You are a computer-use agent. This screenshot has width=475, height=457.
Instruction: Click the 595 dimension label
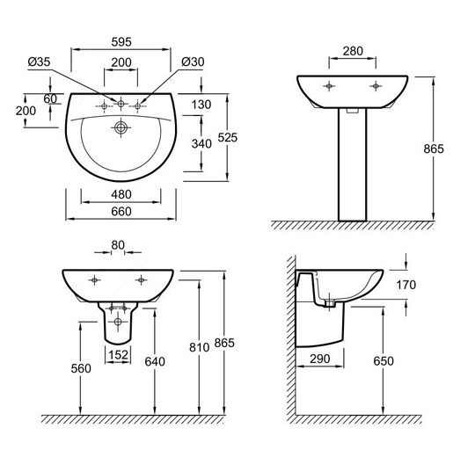pos(121,42)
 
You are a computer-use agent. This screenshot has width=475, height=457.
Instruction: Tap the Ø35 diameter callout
pos(39,62)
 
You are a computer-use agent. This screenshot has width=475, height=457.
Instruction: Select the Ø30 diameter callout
pos(193,62)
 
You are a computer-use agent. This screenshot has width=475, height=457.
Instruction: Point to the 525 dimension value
pos(228,137)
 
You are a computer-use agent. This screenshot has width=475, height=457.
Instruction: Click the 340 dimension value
pos(201,143)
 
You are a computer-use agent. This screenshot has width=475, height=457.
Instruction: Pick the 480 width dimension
pos(121,194)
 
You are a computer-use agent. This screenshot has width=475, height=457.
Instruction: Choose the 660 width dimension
pos(121,211)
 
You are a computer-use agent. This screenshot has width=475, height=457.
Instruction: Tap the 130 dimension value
pos(201,105)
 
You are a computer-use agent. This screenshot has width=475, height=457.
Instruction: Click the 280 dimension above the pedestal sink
pos(353,51)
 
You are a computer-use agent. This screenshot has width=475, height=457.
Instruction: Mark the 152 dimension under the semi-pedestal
pos(118,354)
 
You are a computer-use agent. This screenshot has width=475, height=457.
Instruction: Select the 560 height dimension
pos(81,368)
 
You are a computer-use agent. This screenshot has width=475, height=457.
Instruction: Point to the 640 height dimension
pos(155,361)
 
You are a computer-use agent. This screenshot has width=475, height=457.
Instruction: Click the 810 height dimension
pos(200,347)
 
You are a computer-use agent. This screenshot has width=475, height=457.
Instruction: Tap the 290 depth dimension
pos(320,359)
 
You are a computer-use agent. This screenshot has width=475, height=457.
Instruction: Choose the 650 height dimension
pos(384,360)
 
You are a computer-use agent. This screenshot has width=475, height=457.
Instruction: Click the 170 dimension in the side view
pos(406,285)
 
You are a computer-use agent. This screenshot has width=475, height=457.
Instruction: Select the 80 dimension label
pos(118,245)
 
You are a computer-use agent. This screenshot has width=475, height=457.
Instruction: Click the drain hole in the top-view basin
pos(121,127)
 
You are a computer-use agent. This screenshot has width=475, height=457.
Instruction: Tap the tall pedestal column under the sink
pos(353,164)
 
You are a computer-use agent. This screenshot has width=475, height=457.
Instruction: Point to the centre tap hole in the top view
pos(121,104)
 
